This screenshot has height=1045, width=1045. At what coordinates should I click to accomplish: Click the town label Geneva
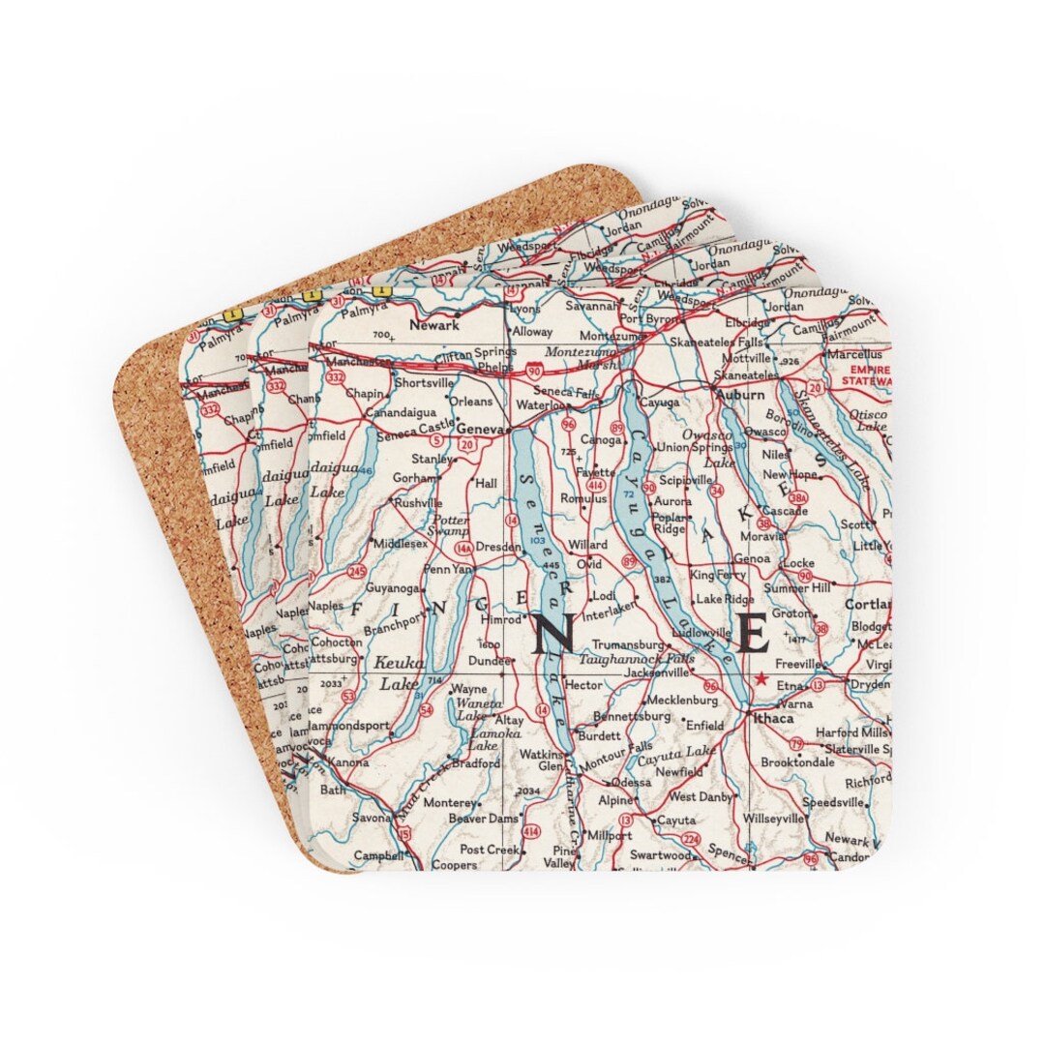pyautogui.click(x=481, y=429)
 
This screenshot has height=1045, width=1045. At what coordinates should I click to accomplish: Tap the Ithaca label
pyautogui.click(x=771, y=718)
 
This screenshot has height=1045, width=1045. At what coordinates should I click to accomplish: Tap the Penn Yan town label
pyautogui.click(x=447, y=569)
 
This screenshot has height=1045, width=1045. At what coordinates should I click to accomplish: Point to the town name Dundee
pyautogui.click(x=489, y=662)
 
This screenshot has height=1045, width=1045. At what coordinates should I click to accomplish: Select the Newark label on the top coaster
pyautogui.click(x=433, y=326)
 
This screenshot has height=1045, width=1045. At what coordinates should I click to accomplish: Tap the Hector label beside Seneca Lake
pyautogui.click(x=583, y=684)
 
